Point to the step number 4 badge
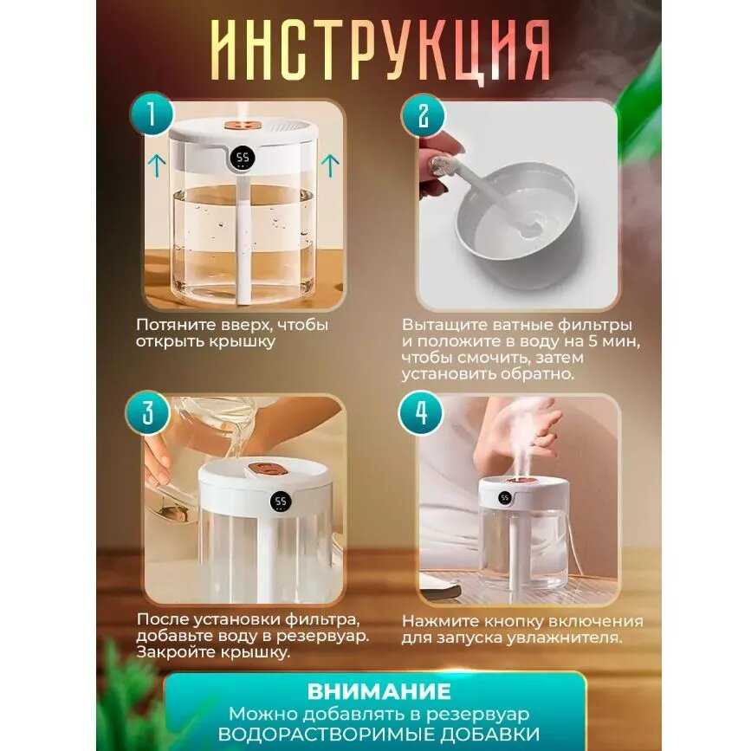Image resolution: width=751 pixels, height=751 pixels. pyautogui.click(x=421, y=413)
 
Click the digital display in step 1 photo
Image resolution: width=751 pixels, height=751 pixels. pyautogui.click(x=242, y=159)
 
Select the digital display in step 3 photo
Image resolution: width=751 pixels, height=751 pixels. pyautogui.click(x=281, y=502)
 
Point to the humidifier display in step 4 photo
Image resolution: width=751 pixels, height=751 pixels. pyautogui.click(x=504, y=497)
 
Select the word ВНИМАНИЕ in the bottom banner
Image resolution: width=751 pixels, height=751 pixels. pyautogui.click(x=379, y=691)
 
